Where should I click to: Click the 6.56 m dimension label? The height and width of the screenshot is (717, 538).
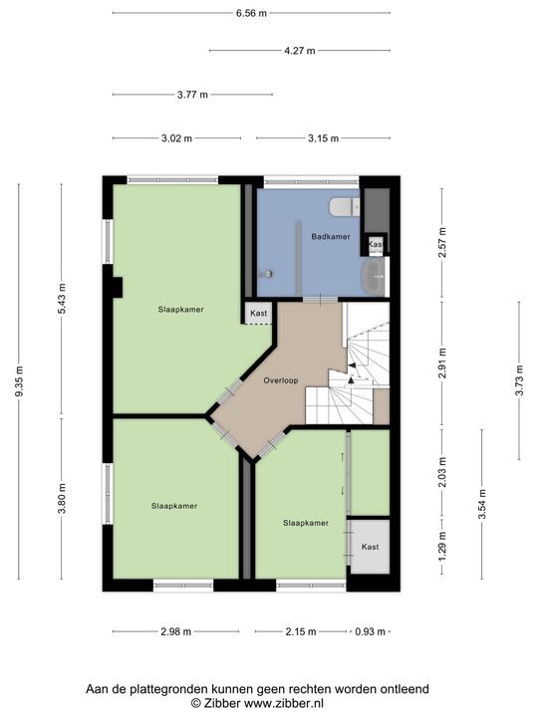click(x=251, y=13)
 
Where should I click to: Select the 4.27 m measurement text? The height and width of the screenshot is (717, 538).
click(x=300, y=51)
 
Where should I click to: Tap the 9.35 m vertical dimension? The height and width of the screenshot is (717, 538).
click(x=19, y=381)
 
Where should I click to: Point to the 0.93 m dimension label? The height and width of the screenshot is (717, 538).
click(x=370, y=631)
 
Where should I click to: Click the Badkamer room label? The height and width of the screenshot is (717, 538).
click(x=331, y=236)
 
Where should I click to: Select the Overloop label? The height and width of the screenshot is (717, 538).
click(x=280, y=380)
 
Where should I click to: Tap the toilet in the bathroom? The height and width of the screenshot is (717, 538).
click(x=345, y=207)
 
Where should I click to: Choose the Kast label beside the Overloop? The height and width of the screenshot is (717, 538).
click(x=258, y=314)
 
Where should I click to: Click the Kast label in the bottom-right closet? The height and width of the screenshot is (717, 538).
click(x=370, y=547)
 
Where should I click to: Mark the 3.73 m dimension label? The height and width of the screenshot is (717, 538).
click(x=519, y=380)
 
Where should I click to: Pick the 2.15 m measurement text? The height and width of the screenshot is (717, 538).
click(x=301, y=631)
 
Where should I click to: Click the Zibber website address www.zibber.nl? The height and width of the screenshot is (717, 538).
click(x=284, y=703)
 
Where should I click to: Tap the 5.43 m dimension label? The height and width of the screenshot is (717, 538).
click(x=62, y=299)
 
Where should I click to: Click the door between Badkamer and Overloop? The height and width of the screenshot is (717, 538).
click(x=321, y=300)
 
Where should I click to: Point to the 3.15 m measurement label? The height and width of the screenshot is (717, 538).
click(x=324, y=138)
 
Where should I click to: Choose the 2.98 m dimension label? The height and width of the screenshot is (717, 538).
click(x=176, y=631)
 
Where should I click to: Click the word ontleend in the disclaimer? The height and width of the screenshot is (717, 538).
click(x=406, y=689)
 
